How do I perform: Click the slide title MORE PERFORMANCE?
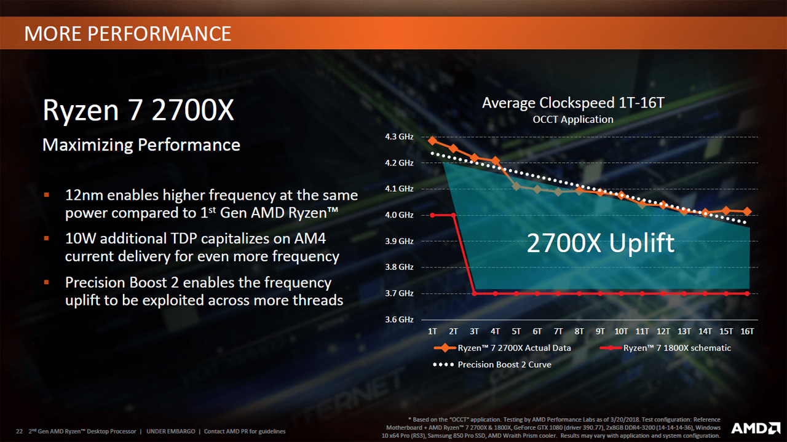128,33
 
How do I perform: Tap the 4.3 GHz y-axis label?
398,136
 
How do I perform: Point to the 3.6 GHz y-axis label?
398,320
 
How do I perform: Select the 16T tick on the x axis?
747,331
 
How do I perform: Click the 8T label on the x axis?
579,331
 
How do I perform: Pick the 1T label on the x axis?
432,331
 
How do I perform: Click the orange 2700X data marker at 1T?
432,141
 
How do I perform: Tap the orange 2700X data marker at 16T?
747,211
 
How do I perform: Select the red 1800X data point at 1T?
432,215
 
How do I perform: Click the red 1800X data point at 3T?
474,294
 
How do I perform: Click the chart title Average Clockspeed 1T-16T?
573,103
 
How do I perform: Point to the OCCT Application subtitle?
573,119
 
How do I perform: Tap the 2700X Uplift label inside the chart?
601,243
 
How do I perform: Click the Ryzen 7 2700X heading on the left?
138,111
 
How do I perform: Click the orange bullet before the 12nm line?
46,195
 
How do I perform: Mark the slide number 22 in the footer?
19,432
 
